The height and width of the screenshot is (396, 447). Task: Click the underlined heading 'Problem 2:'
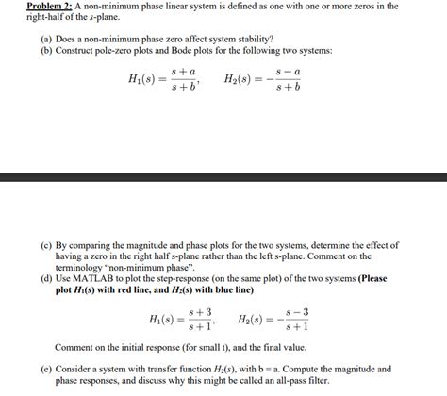pyautogui.click(x=29, y=7)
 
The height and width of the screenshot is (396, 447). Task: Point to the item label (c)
pyautogui.click(x=46, y=243)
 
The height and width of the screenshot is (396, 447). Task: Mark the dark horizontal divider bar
pyautogui.click(x=223, y=176)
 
